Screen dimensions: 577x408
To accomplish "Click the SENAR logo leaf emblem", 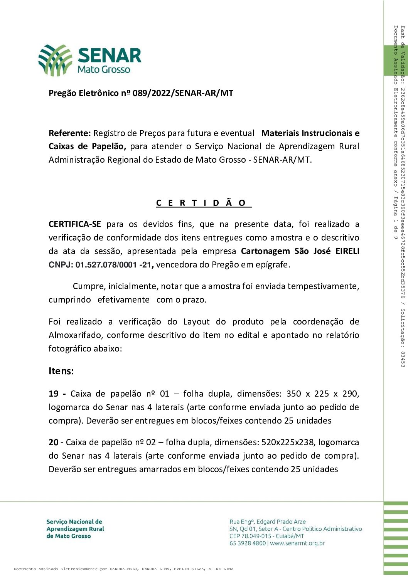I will click(x=55, y=60).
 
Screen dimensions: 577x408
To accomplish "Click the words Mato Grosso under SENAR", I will click(x=104, y=70).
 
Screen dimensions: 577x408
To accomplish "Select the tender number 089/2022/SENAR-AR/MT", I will click(x=183, y=93).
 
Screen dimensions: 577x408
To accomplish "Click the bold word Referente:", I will click(x=69, y=133).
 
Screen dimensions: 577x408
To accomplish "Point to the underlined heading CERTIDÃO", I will click(x=203, y=203).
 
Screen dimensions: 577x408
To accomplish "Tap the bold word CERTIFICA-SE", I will click(x=75, y=224).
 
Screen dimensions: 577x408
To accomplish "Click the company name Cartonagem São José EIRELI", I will click(x=300, y=251).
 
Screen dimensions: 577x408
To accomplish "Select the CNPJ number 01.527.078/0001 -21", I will click(x=115, y=265).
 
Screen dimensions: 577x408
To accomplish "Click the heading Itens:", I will click(x=61, y=371).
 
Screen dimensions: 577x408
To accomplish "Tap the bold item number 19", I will click(x=54, y=394).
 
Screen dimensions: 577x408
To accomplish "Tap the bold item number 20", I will click(x=54, y=442).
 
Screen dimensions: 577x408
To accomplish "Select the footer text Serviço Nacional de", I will click(x=74, y=522).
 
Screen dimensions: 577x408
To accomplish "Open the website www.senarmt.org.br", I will click(x=297, y=543).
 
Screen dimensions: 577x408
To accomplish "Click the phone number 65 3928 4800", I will click(x=248, y=543).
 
